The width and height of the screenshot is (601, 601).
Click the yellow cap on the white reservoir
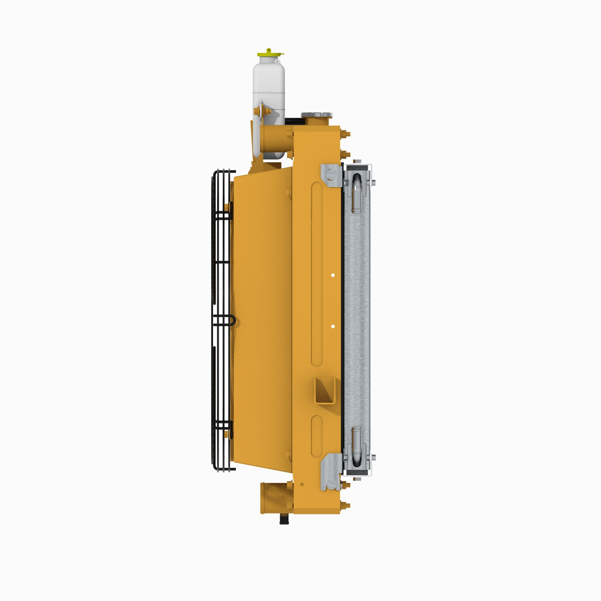point(269,54)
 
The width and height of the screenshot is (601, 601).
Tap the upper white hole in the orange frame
point(333,275)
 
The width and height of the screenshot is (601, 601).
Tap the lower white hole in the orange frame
point(333,326)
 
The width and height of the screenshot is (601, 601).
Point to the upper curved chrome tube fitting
point(357,193)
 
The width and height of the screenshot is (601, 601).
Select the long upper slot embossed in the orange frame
point(317,274)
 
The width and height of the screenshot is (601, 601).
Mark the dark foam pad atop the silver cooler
point(357,168)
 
